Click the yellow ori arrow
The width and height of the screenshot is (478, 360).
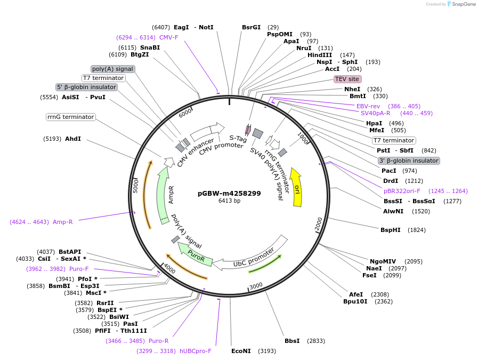(x=297, y=188)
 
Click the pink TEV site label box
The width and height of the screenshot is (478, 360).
(x=347, y=79)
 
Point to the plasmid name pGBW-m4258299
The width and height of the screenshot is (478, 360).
(x=229, y=193)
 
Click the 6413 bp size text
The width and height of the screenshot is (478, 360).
(x=229, y=201)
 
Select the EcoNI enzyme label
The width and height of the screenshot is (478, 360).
(x=241, y=351)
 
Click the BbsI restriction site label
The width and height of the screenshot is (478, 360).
(x=292, y=341)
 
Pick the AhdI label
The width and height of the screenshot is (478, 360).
(x=73, y=139)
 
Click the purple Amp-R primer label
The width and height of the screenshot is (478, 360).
(x=62, y=222)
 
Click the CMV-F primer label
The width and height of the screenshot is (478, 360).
(x=168, y=37)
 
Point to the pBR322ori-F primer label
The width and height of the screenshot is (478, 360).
(x=402, y=191)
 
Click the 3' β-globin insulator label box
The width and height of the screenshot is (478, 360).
(x=409, y=161)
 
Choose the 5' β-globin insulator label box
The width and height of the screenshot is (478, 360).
(x=86, y=87)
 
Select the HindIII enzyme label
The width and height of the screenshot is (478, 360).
(x=320, y=55)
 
